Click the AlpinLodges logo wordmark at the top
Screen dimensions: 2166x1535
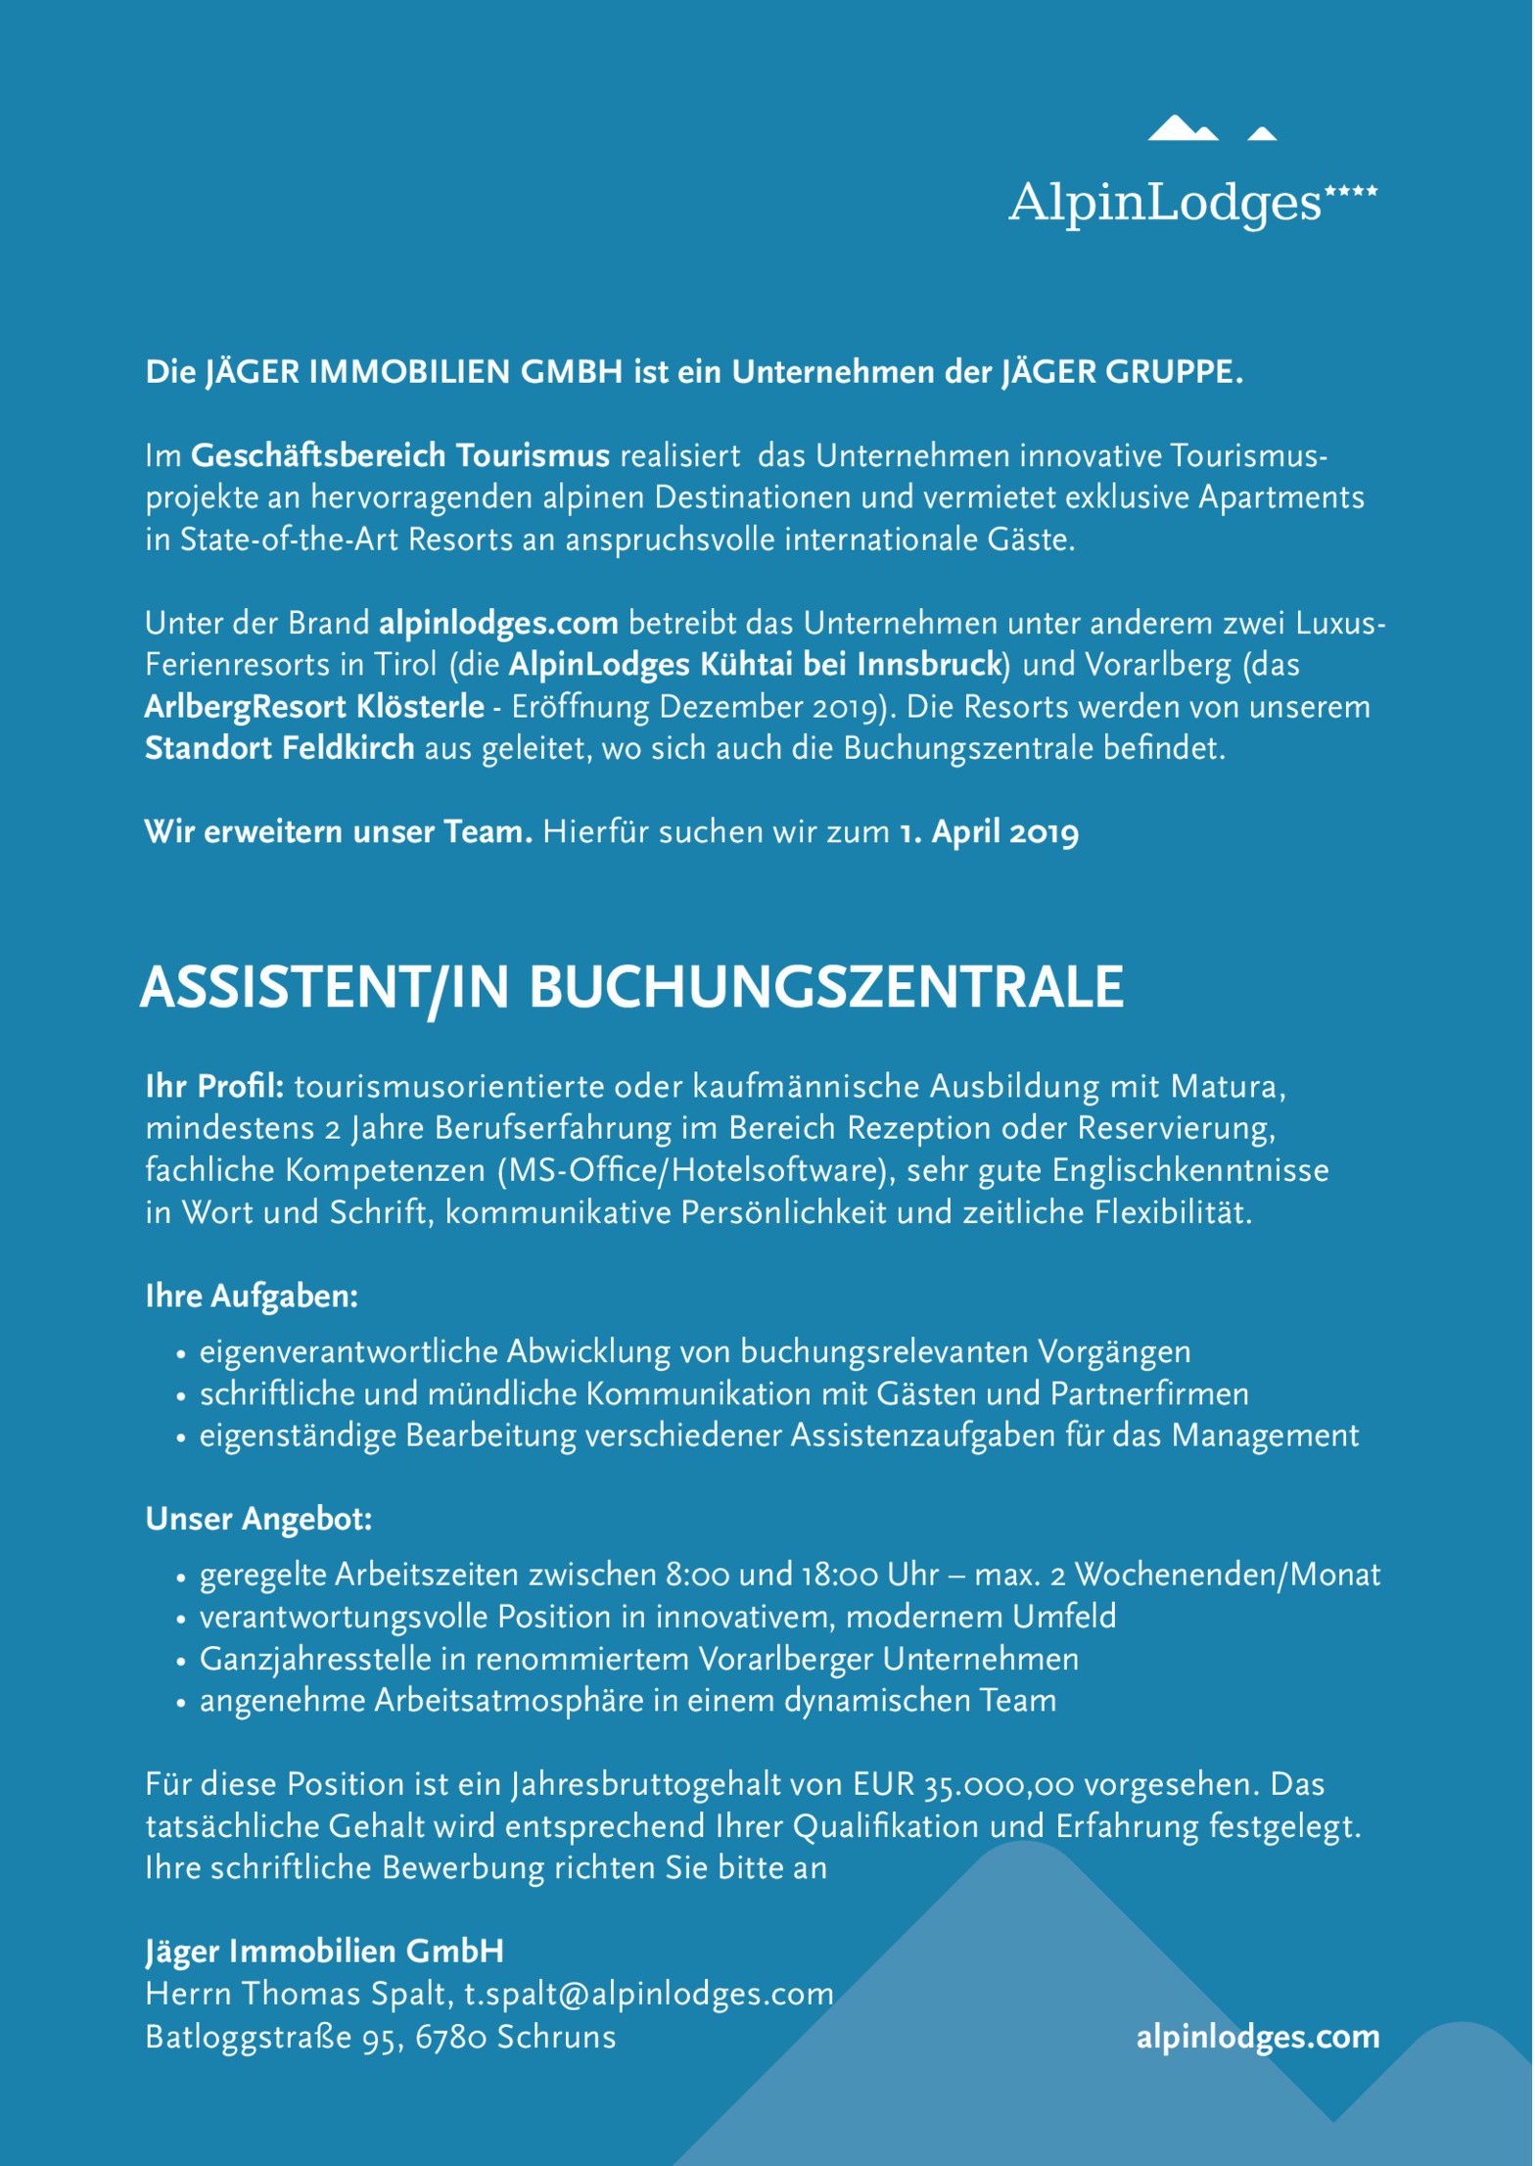[x=1165, y=203]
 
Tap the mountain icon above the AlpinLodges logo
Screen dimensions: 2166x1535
[x=1211, y=129]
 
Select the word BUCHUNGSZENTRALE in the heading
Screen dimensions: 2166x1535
[x=826, y=987]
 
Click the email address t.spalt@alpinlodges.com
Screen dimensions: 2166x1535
[x=649, y=1995]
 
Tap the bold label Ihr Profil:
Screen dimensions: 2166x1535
[x=214, y=1087]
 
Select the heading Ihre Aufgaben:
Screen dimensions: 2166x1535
[x=252, y=1296]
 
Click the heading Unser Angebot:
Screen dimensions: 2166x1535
[x=258, y=1519]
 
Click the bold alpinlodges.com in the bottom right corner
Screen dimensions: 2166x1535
[x=1258, y=2037]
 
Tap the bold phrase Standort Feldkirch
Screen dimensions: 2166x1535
[x=280, y=748]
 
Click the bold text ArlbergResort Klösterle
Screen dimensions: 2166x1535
[x=314, y=706]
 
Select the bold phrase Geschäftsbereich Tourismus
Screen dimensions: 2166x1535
[x=400, y=455]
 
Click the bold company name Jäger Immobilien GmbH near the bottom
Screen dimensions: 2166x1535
[x=324, y=1952]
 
